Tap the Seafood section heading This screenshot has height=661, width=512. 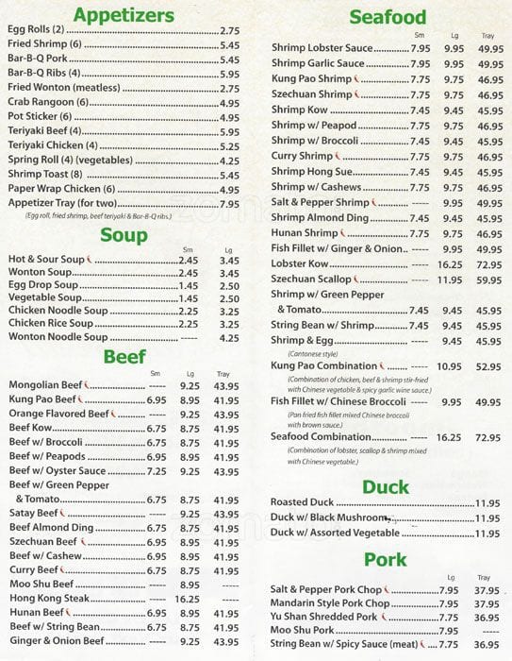[388, 17]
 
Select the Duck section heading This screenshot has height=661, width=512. [387, 487]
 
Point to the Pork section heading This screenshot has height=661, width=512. [387, 558]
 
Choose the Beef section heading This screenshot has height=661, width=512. [124, 356]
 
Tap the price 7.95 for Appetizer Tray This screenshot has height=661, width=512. [229, 204]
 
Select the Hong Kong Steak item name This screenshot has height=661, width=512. [49, 599]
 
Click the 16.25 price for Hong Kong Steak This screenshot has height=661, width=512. [188, 599]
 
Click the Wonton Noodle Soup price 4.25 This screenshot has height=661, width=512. [229, 337]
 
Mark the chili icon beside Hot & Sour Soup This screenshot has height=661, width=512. [88, 259]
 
